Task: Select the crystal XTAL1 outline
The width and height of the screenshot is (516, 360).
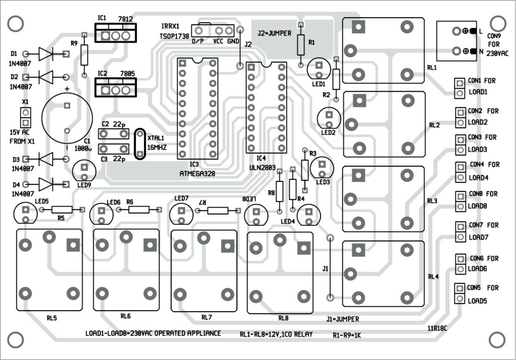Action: tap(140, 143)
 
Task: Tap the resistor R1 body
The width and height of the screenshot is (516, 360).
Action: tap(301, 45)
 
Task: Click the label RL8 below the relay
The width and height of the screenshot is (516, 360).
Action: tap(283, 318)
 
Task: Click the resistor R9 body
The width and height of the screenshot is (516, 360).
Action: tap(84, 54)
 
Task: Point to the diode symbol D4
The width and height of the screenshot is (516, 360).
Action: tap(46, 183)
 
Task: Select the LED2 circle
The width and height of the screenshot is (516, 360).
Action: tap(329, 119)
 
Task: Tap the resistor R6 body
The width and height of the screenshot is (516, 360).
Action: tap(138, 209)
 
